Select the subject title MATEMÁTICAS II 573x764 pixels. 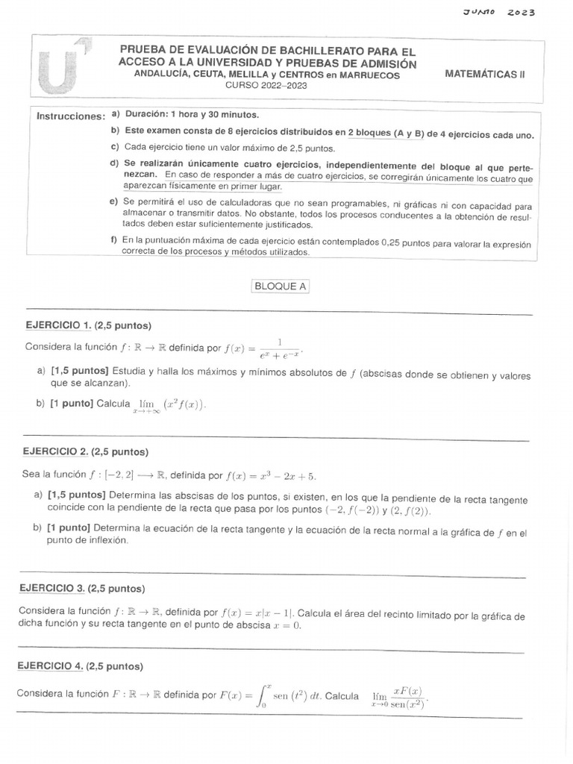[484, 74]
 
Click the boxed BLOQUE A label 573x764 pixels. [280, 286]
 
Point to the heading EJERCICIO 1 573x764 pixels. [58, 325]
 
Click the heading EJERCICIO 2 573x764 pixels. [56, 451]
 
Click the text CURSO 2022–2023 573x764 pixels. [266, 86]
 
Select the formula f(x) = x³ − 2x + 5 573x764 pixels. [270, 475]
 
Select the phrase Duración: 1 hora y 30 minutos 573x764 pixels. [192, 115]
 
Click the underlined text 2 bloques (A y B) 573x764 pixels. [386, 132]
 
